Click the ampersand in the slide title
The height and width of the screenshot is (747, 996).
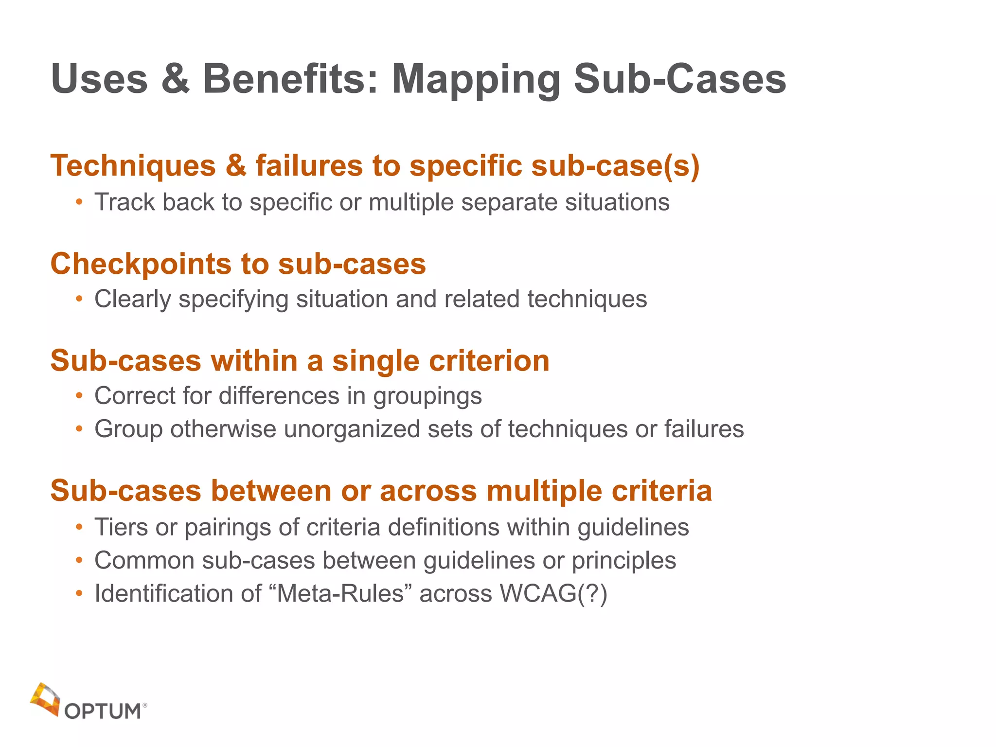(175, 79)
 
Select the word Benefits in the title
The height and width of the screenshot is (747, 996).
(290, 79)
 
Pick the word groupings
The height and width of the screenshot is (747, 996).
(427, 396)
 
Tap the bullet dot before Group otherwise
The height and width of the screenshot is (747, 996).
(79, 429)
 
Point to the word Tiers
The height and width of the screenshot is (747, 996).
(121, 527)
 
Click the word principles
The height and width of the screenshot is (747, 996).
(623, 561)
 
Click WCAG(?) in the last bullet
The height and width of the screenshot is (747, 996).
(553, 594)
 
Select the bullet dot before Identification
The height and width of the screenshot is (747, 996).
(79, 594)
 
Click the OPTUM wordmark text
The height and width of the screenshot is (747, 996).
(103, 711)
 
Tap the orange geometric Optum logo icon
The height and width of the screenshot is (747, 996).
(45, 699)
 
